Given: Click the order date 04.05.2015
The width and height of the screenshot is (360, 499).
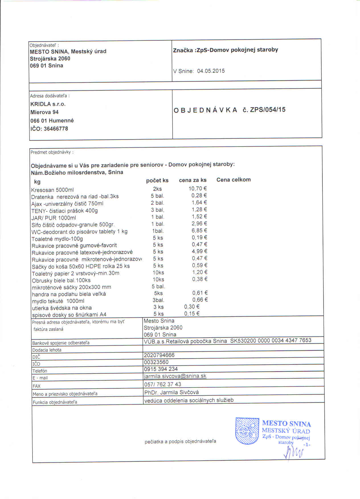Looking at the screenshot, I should [211, 71].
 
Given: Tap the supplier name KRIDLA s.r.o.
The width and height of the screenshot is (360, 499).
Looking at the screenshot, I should [48, 104].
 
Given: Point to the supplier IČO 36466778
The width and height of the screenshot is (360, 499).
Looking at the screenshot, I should [56, 129].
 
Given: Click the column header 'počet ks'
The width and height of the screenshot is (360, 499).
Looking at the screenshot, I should [157, 181].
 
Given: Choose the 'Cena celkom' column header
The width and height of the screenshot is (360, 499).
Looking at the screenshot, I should [234, 180].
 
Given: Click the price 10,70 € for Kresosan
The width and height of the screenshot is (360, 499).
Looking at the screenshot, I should [198, 189].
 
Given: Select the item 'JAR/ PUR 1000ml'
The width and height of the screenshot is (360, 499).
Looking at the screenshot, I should [54, 218].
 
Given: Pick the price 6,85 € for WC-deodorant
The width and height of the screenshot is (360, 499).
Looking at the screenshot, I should [199, 230].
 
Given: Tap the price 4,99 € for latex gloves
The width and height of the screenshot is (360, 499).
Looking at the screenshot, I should [199, 251].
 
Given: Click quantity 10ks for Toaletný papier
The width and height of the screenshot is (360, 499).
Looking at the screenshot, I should [158, 273].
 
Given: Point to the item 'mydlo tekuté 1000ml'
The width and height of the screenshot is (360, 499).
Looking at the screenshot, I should [58, 301].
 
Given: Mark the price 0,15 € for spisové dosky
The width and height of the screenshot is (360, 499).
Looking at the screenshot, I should [192, 314].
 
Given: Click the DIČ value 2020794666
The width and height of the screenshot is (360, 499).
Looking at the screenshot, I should [159, 355].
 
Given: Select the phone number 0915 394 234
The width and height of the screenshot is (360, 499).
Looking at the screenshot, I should [161, 369].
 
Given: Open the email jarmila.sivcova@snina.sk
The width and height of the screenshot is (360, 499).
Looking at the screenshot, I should [175, 376].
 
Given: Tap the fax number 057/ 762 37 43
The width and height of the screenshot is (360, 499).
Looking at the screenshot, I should [163, 385].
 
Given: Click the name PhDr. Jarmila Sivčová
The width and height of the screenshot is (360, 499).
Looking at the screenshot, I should [171, 392].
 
